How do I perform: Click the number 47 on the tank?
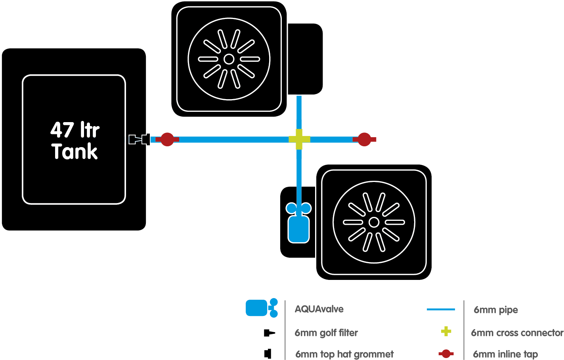[x=62, y=130]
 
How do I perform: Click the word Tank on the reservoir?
[x=75, y=151]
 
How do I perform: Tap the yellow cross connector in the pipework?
[x=299, y=139]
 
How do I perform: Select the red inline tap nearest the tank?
[x=167, y=139]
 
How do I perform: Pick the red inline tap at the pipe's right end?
[x=364, y=139]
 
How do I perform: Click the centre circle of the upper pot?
[x=229, y=59]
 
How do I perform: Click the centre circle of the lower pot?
[x=374, y=222]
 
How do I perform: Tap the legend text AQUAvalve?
[x=319, y=309]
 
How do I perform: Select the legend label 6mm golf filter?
[x=326, y=333]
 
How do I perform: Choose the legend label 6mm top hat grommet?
[x=344, y=354]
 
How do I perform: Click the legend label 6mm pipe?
[x=496, y=310]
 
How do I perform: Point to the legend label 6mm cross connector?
[x=517, y=333]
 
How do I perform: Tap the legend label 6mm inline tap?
[x=505, y=354]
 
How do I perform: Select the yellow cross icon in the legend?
[x=446, y=331]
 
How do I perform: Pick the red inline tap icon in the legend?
[x=446, y=353]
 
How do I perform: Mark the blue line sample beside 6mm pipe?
[x=441, y=309]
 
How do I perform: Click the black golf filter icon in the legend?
[x=269, y=333]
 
